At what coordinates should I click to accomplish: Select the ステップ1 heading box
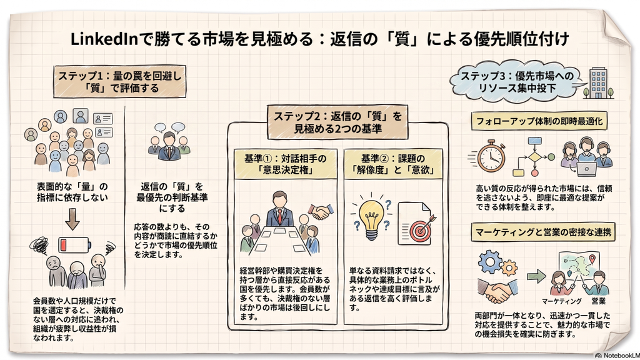(119, 82)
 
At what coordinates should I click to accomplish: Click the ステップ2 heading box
(337, 122)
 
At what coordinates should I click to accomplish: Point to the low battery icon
(74, 245)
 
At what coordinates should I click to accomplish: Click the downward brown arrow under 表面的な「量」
(72, 219)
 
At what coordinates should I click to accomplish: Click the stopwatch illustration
(490, 156)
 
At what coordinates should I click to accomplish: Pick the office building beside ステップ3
(598, 83)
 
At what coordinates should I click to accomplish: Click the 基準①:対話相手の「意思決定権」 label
(285, 164)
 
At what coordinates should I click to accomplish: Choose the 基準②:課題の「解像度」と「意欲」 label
(393, 164)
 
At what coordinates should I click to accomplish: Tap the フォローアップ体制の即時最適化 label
(539, 121)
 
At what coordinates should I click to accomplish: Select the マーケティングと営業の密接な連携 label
(543, 232)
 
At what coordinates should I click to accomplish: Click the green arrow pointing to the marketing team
(536, 276)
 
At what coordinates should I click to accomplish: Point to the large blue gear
(490, 262)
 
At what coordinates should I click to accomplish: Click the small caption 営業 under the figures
(598, 301)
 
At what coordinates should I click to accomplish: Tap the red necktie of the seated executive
(279, 217)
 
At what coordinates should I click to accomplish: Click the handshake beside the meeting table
(321, 211)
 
